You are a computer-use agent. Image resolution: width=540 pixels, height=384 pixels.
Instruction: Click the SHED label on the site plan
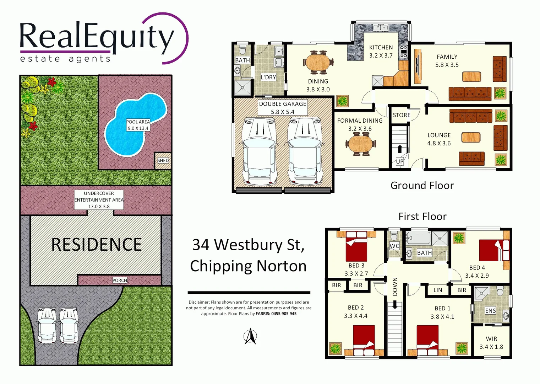(163, 161)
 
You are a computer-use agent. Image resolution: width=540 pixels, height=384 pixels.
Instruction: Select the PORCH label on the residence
(120, 281)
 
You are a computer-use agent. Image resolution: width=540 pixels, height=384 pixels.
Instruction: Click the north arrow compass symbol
(250, 336)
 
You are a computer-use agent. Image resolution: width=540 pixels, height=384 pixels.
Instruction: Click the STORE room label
(401, 115)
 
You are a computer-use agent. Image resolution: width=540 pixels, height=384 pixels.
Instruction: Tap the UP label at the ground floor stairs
(400, 161)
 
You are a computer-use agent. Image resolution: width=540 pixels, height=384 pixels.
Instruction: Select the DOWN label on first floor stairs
(395, 287)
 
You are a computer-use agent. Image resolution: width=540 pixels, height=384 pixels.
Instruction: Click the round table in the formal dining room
(360, 144)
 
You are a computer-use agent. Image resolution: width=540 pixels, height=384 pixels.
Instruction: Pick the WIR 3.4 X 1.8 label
(491, 343)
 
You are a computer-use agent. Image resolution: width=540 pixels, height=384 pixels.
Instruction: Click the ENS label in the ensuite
(490, 311)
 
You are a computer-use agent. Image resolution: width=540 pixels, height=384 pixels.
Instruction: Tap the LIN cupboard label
(438, 290)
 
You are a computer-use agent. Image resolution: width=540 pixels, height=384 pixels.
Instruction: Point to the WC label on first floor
(394, 246)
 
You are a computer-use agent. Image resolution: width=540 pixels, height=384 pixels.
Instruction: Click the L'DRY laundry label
(268, 77)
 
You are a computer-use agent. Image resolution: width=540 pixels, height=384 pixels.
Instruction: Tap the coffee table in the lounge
(471, 137)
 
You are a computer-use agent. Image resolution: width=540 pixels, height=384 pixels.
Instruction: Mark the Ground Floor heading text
(422, 186)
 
